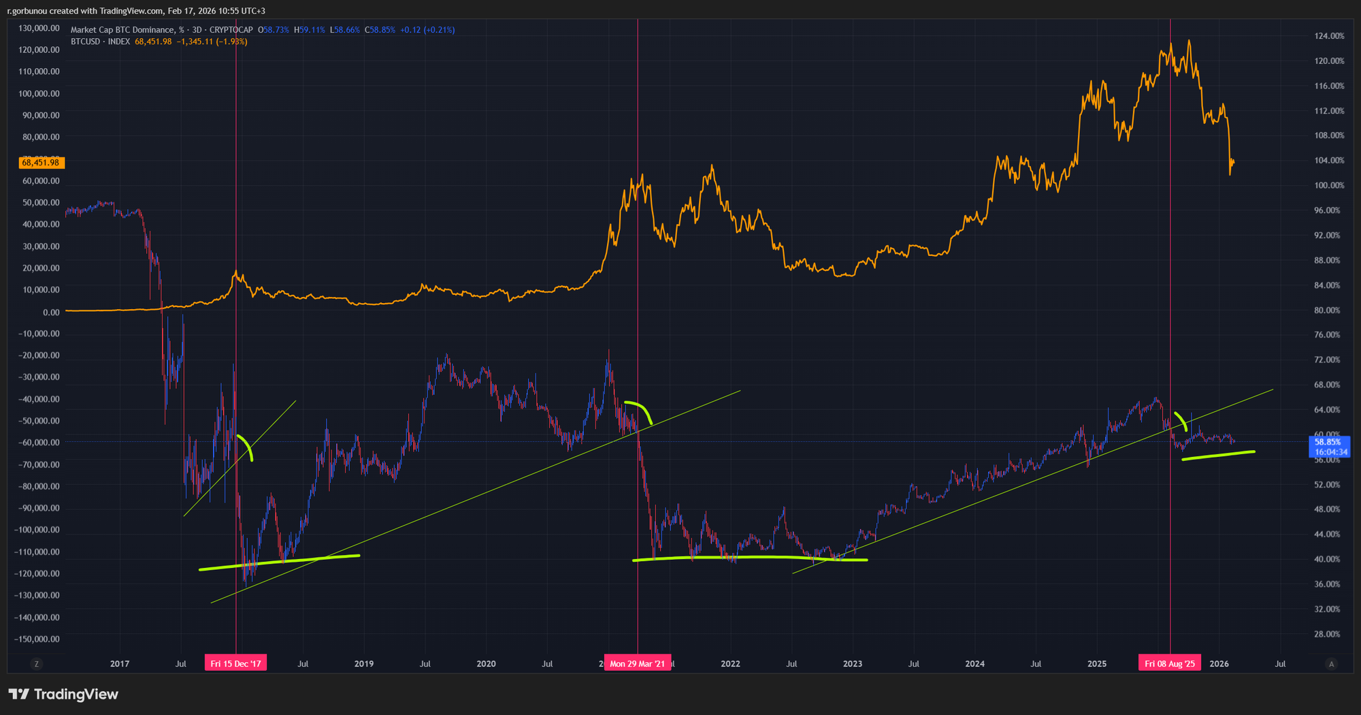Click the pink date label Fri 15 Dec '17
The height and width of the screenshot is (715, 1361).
coord(235,664)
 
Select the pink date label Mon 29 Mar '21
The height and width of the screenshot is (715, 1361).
coord(638,664)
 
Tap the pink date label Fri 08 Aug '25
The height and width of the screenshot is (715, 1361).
coord(1170,664)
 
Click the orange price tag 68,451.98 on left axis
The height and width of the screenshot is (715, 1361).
coord(41,163)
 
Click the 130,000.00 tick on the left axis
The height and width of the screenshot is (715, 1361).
coord(39,29)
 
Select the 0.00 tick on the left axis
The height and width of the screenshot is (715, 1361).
coord(51,313)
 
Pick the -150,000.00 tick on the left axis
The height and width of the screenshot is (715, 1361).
coord(37,639)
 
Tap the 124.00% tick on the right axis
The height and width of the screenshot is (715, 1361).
coord(1329,36)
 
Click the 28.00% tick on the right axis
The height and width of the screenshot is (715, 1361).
coord(1327,635)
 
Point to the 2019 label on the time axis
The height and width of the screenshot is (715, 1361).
coord(364,664)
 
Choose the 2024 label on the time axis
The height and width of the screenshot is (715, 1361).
coord(974,664)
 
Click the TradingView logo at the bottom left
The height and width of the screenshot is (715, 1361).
coord(63,695)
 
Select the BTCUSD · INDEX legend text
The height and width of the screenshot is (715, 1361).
coord(101,42)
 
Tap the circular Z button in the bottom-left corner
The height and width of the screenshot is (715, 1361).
coord(37,664)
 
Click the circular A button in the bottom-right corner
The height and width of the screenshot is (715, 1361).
coord(1332,664)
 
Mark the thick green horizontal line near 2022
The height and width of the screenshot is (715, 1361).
coord(749,558)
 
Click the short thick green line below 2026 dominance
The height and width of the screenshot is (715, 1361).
coord(1218,456)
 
